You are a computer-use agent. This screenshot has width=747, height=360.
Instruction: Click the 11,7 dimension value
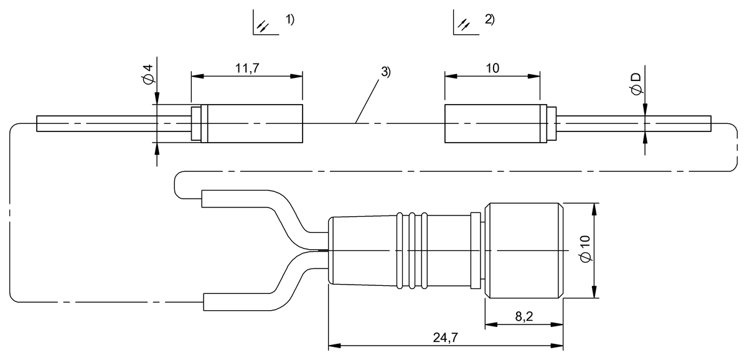[247, 68]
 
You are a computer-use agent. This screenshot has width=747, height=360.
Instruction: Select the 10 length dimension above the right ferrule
[492, 68]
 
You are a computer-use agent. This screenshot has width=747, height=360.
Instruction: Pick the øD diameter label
[636, 83]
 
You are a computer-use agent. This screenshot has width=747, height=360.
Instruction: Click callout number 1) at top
[290, 20]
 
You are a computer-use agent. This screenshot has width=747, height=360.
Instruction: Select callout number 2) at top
[489, 20]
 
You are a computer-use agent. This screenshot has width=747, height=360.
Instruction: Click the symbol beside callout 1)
[263, 24]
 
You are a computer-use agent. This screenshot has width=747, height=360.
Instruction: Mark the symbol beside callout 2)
[463, 24]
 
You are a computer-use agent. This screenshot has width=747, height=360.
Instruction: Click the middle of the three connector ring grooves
[411, 250]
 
